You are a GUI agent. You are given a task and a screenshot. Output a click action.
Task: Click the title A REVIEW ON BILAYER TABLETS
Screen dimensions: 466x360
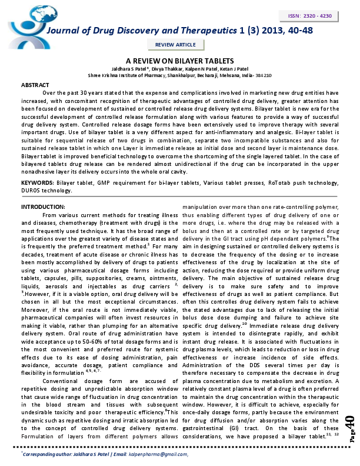pyautogui.click(x=180, y=61)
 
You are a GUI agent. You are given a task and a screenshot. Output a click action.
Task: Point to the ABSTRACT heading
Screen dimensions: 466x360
pyautogui.click(x=35, y=85)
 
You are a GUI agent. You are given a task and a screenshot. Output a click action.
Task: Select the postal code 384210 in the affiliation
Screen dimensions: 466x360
pyautogui.click(x=263, y=75)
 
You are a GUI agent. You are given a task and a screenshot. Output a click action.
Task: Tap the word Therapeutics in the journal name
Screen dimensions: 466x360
pyautogui.click(x=189, y=31)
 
